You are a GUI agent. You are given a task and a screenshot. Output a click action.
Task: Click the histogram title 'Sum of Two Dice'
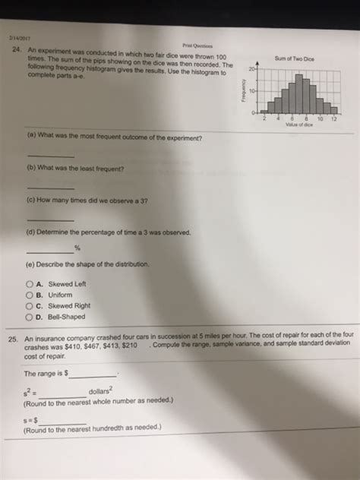click(295, 58)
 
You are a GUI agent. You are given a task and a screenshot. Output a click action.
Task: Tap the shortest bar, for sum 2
click(264, 112)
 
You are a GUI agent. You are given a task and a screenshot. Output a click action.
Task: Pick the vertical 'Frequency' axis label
click(244, 91)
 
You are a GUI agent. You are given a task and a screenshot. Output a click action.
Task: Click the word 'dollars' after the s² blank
click(102, 392)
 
